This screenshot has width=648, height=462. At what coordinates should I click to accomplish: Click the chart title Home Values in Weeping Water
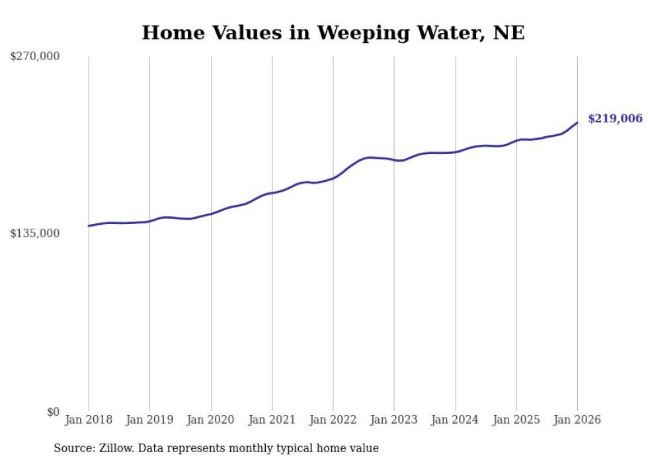(333, 32)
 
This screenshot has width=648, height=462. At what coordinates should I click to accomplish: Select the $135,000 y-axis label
(34, 233)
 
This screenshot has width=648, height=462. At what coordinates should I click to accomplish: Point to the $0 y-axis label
(53, 412)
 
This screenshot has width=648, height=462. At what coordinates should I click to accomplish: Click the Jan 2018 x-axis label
(89, 420)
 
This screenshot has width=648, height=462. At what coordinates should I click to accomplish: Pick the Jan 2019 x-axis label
(149, 420)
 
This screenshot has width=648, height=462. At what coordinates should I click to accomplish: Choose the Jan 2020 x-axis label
(211, 420)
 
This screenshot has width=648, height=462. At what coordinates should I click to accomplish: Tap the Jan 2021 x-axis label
(272, 420)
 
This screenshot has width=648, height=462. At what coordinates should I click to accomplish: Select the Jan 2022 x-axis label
(333, 420)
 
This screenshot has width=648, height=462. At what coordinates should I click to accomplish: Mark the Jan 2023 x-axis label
(394, 420)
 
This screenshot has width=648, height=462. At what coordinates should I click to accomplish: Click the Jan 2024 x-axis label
(456, 420)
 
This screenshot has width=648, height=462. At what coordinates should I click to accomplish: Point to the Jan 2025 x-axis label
(516, 420)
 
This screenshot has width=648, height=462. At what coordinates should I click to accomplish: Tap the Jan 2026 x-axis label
(577, 420)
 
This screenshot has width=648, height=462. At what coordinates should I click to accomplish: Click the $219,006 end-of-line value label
(615, 119)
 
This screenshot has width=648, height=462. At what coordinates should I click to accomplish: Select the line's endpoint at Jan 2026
(577, 123)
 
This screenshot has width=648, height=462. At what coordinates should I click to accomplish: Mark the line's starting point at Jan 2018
(89, 226)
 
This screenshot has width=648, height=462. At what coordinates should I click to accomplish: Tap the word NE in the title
(508, 32)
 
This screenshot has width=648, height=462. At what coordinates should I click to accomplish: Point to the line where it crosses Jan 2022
(333, 178)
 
